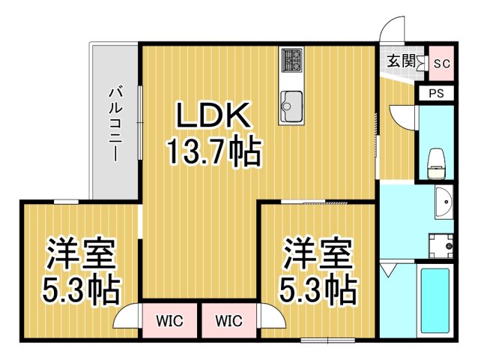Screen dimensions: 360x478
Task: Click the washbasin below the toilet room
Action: tap(443, 202)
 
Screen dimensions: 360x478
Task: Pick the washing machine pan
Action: tap(441, 244)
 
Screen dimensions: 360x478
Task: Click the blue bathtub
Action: tap(434, 300)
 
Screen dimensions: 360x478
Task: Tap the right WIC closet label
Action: tap(228, 321)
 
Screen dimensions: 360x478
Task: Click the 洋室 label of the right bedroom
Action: tap(317, 253)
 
